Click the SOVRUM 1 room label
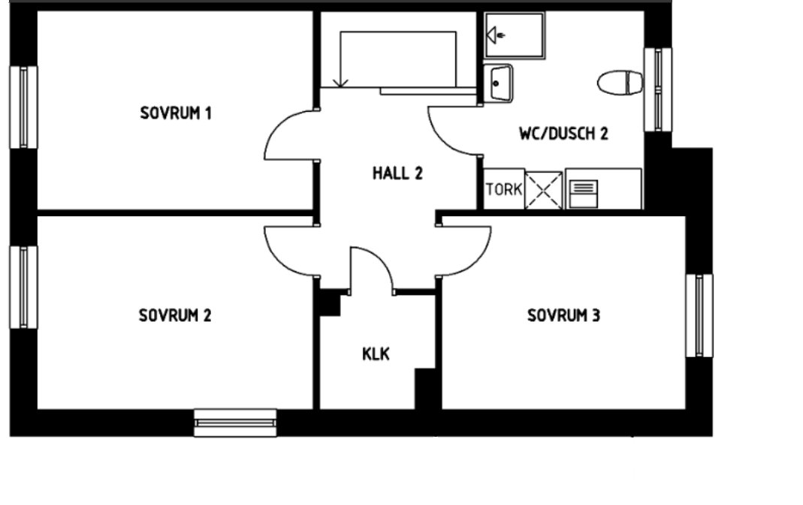(x=176, y=113)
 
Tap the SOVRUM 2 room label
(x=174, y=315)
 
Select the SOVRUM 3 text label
(x=563, y=315)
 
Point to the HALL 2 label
(x=397, y=173)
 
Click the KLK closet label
(x=376, y=354)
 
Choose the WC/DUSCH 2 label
(x=563, y=134)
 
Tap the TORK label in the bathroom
(x=504, y=190)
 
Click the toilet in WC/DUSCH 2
(x=620, y=83)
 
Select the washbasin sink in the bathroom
(x=498, y=83)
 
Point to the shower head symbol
(x=495, y=35)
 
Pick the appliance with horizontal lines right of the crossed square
(x=584, y=194)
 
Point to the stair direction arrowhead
(x=340, y=81)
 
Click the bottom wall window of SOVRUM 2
(x=235, y=422)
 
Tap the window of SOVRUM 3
(x=699, y=315)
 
